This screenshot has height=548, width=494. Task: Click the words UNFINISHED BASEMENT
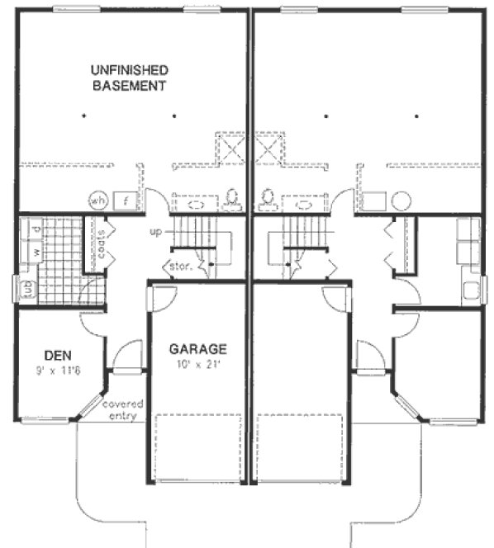[130, 78]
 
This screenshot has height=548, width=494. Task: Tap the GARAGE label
[197, 348]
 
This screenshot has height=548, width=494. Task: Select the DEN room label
[58, 356]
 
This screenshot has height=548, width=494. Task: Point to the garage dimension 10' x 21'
[197, 364]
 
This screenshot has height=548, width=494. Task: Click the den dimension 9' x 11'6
[58, 371]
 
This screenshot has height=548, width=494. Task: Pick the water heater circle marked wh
[99, 201]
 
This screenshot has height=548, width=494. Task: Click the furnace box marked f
[126, 201]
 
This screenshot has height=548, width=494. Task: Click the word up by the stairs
[156, 233]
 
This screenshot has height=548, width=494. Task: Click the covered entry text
[123, 410]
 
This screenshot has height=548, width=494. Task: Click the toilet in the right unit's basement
[267, 198]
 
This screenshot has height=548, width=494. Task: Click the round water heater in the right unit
[401, 201]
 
